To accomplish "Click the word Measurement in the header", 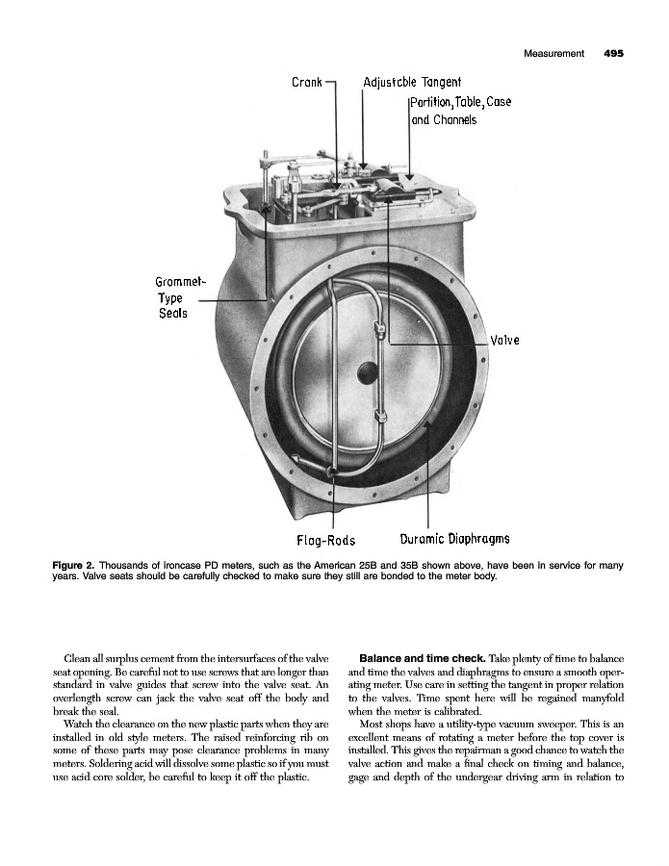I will [554, 54].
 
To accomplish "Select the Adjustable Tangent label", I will [413, 83].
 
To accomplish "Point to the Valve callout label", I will [505, 341].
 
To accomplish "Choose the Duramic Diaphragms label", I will [454, 539].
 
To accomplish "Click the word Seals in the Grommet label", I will [173, 314].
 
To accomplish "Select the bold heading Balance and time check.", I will [424, 656].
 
